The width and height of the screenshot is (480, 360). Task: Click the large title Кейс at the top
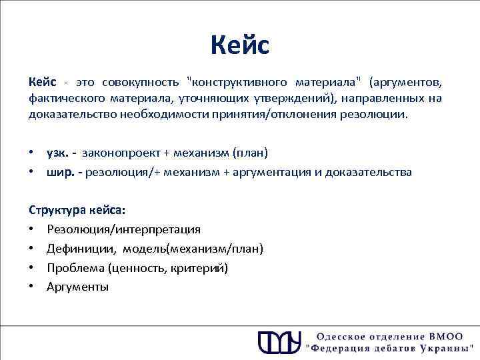point(239,45)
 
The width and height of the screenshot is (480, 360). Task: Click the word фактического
point(61,99)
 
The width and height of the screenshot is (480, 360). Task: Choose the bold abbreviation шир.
point(60,172)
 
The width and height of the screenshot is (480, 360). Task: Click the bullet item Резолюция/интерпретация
point(123,229)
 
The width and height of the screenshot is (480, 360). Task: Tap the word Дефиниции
point(75,249)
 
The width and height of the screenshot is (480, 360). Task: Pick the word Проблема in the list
point(74,268)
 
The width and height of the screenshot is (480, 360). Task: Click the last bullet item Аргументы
point(77,287)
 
